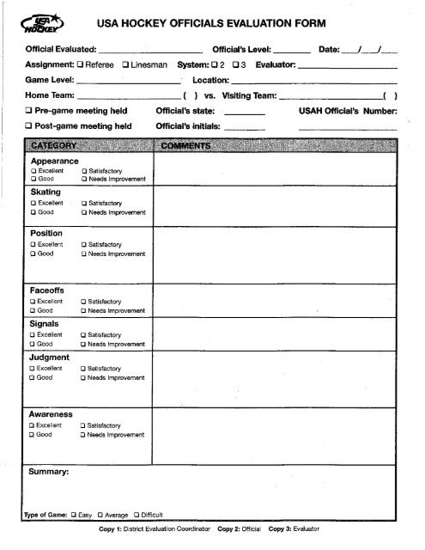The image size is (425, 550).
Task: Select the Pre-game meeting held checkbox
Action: (x=29, y=111)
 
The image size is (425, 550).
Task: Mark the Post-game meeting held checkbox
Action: (x=29, y=126)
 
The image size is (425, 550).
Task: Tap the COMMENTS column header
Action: (x=186, y=147)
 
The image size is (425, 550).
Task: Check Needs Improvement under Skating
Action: (x=83, y=211)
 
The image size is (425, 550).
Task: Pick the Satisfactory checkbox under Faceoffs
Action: (x=83, y=302)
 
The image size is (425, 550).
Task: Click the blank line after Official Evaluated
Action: (x=155, y=49)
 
